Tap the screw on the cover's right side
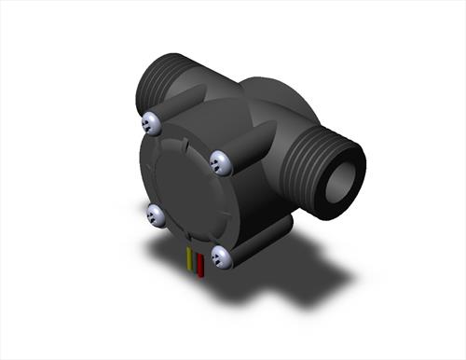pyautogui.click(x=221, y=162)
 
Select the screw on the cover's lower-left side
pyautogui.click(x=157, y=215)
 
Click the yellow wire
pyautogui.click(x=190, y=261)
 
